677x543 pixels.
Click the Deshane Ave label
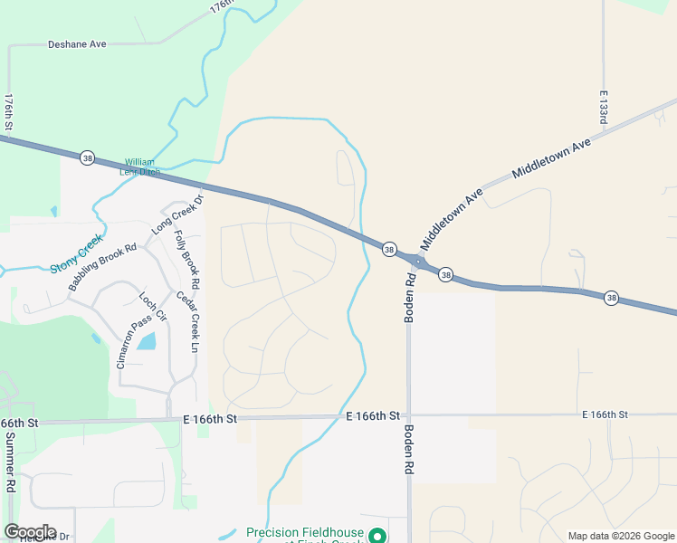(x=77, y=43)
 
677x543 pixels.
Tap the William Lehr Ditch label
(x=140, y=167)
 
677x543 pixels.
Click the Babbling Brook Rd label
(x=101, y=267)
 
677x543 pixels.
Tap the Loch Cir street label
(x=153, y=307)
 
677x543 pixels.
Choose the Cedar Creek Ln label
(x=193, y=320)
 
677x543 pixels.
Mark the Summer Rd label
(x=10, y=461)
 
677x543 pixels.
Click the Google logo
(x=30, y=532)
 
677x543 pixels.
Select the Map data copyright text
(x=621, y=536)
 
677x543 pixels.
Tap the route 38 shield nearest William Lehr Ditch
(x=87, y=157)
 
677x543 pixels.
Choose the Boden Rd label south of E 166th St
(x=409, y=450)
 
